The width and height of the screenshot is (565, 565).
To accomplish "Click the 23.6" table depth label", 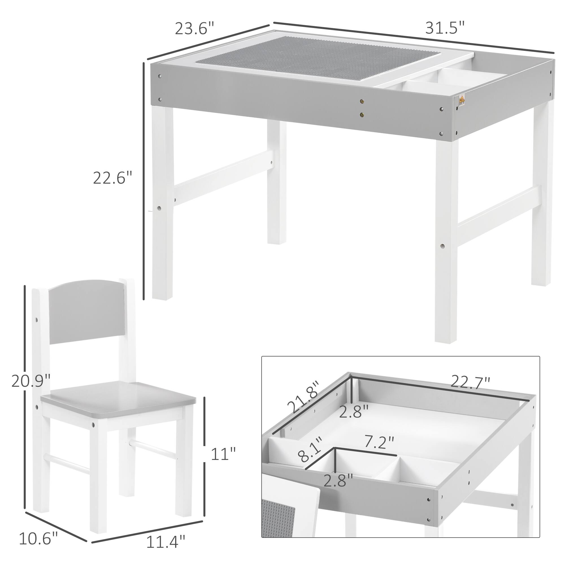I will [194, 29].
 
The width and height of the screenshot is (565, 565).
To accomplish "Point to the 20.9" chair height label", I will [31, 381].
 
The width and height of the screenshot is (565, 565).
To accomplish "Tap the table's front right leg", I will [446, 240].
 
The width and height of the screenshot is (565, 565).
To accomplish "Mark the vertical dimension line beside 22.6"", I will [144, 181].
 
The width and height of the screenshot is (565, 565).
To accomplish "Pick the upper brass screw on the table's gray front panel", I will [363, 101].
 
